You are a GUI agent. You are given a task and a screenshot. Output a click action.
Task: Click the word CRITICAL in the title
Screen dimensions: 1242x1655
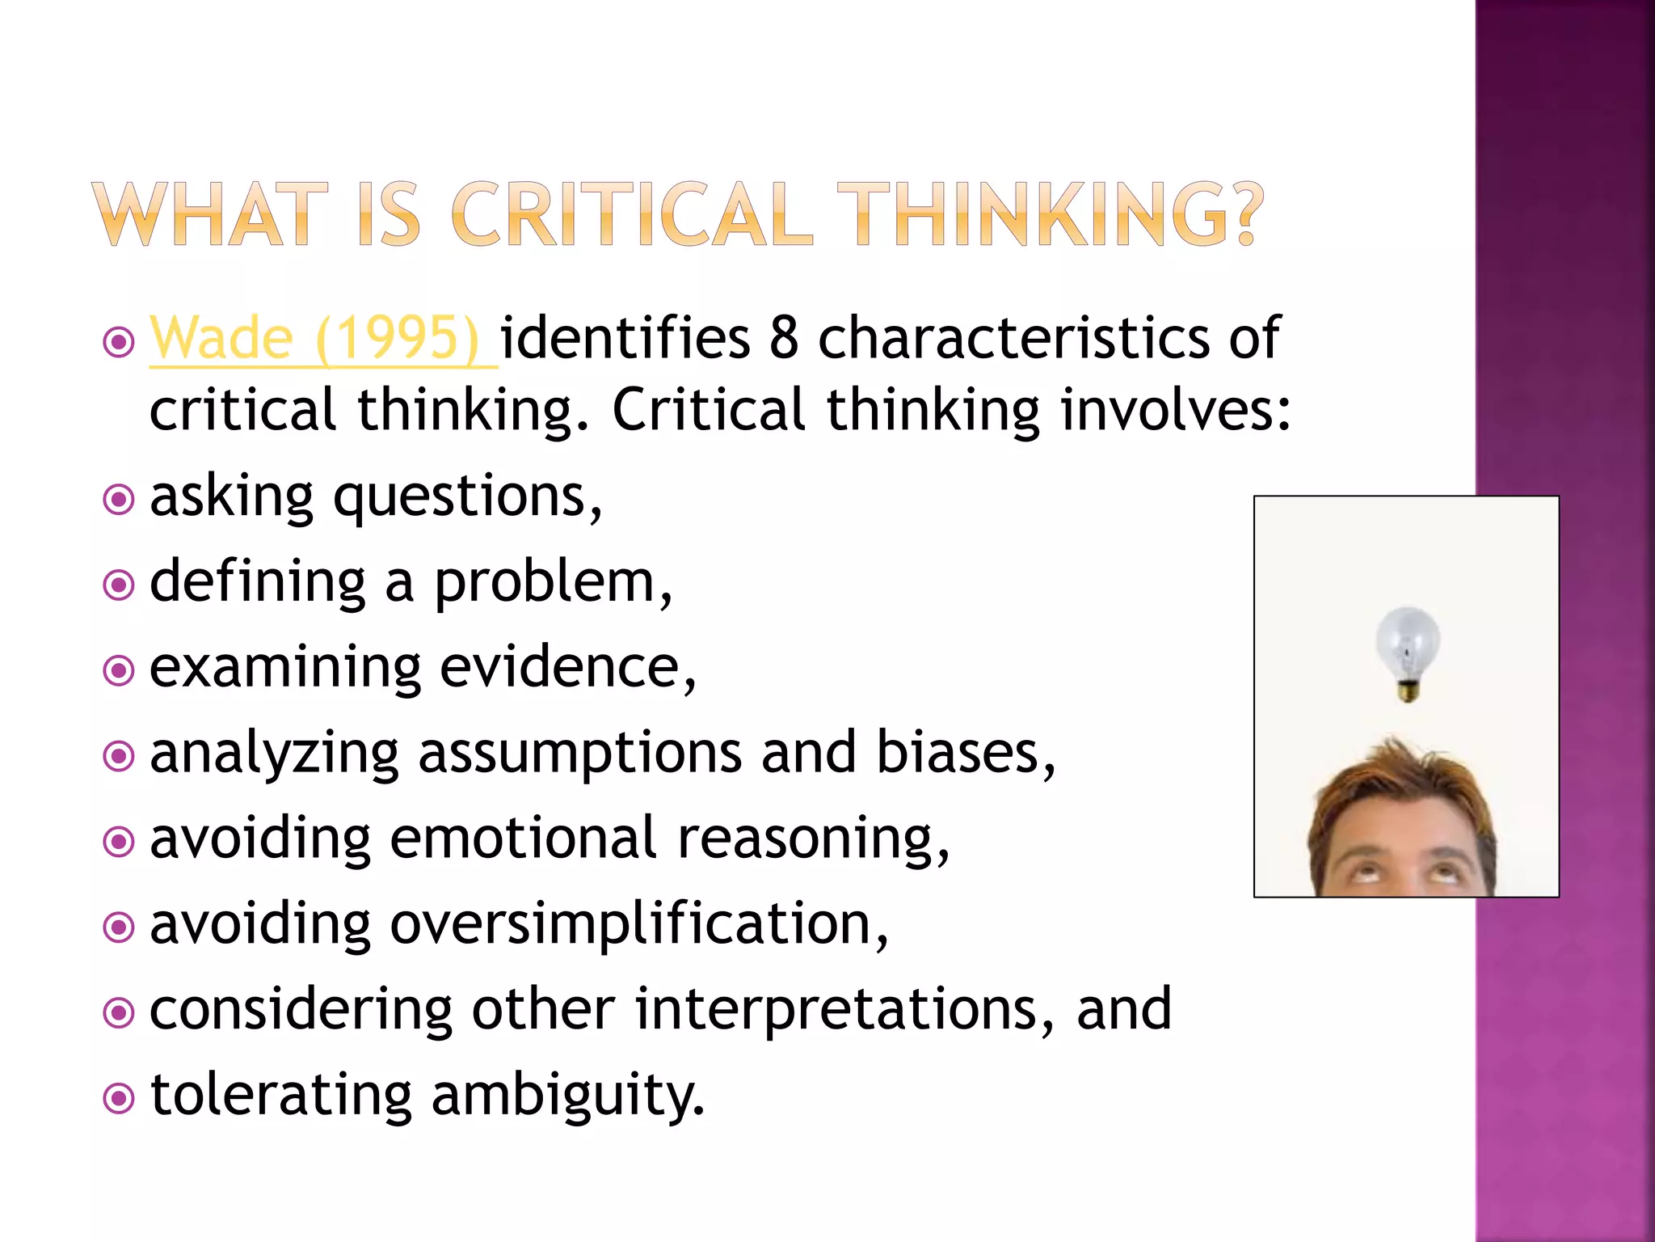(x=631, y=214)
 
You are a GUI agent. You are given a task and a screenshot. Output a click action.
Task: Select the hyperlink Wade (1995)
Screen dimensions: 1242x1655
(x=315, y=338)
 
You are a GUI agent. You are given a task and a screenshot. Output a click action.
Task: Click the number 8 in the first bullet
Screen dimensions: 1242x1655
(x=784, y=338)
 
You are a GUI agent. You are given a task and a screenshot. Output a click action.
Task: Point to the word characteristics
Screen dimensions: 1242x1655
(x=1013, y=338)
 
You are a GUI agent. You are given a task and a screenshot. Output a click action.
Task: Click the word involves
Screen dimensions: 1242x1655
(x=1176, y=409)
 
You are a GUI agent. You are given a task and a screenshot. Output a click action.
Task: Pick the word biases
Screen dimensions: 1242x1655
(x=965, y=754)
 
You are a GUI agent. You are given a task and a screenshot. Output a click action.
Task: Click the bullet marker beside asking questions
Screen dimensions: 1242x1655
(x=119, y=500)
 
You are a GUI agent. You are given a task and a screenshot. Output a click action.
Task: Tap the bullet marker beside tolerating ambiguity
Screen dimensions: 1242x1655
(x=119, y=1098)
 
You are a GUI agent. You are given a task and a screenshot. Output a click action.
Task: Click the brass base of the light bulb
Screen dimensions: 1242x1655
(x=1409, y=691)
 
